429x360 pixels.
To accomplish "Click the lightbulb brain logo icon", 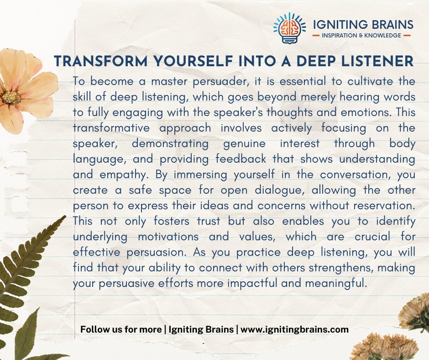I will click(286, 29).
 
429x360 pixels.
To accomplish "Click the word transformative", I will click(107, 128).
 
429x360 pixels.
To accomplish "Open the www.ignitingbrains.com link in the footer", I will click(295, 329).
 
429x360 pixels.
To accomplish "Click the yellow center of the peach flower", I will click(10, 96).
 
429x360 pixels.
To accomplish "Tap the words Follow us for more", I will click(120, 329).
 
